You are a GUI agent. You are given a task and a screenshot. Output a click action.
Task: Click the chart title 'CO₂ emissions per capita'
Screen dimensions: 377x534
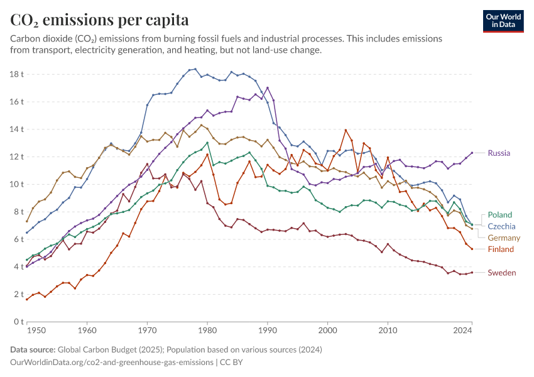coord(99,20)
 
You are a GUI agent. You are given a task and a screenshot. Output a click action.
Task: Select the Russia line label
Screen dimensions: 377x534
coord(499,153)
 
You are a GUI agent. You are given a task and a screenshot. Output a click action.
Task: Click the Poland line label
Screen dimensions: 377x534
coord(500,215)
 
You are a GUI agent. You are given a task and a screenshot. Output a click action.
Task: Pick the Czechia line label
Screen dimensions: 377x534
coord(502,226)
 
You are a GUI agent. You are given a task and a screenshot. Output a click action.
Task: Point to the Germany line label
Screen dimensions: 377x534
coord(504,238)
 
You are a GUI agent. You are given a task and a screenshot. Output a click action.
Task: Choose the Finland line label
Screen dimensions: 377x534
coord(501,249)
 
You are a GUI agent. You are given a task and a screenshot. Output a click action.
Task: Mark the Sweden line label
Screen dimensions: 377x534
coord(502,273)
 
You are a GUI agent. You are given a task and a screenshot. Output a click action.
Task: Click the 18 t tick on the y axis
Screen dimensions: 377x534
coord(17,74)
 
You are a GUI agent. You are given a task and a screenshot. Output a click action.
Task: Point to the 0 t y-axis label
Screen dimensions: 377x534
coord(19,322)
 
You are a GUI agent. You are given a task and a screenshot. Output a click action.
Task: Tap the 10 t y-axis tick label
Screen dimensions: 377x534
coord(17,184)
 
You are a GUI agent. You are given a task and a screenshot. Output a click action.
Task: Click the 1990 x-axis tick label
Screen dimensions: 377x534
coord(268,330)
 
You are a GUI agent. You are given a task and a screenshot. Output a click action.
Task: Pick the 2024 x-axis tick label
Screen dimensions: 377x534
coord(463,330)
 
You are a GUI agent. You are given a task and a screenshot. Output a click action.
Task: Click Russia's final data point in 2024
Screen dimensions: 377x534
coord(472,153)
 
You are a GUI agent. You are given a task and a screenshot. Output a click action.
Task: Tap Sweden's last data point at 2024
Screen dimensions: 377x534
coord(472,272)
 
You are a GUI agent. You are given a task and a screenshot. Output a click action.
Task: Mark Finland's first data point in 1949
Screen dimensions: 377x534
coord(27,299)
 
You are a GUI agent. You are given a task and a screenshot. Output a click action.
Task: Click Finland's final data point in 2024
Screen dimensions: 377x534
coord(472,249)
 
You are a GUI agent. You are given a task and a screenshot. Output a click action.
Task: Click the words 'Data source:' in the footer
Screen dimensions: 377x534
coord(33,350)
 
